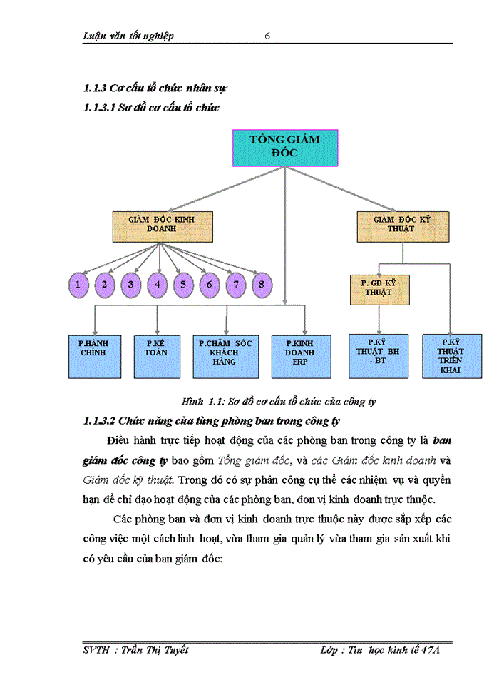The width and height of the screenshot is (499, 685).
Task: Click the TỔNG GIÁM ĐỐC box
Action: (285, 148)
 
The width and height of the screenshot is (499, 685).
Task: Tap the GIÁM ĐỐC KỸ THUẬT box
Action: (403, 225)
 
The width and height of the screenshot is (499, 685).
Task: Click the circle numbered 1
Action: (78, 285)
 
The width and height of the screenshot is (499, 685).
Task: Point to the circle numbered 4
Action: (157, 285)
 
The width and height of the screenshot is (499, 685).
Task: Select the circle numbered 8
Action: (262, 285)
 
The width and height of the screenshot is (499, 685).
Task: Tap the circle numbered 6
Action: (210, 285)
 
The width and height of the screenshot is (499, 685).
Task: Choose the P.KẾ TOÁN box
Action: (156, 355)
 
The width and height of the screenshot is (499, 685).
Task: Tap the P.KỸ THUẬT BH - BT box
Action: (379, 355)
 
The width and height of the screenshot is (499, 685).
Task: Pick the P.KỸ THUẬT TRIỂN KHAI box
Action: (451, 355)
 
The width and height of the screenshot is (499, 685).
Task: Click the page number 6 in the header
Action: (267, 36)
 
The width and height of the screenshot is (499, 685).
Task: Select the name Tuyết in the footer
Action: (175, 650)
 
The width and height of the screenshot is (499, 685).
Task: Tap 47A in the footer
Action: (430, 650)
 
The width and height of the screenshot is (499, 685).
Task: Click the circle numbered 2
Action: (104, 285)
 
